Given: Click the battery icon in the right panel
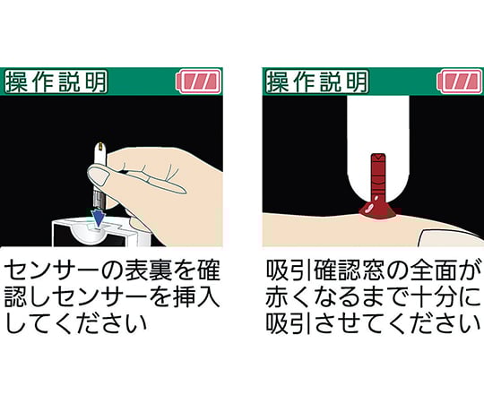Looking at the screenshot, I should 460,82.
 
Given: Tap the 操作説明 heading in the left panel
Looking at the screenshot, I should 56,81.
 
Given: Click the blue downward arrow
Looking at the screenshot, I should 98,217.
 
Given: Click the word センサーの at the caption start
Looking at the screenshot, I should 72,269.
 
